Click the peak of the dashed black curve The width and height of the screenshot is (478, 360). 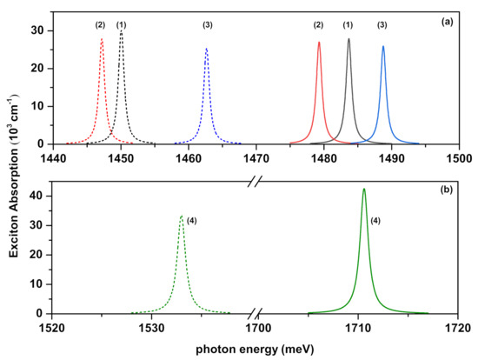coord(122,33)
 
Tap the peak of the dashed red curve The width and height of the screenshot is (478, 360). coord(102,39)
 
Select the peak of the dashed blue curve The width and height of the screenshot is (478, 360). coord(206,49)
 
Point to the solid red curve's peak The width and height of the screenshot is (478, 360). coord(319,42)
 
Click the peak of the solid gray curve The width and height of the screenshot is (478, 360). coord(349,38)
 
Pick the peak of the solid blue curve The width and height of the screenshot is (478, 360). coord(383,47)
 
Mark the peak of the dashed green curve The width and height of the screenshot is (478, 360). coord(182,216)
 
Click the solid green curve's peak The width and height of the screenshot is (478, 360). coord(364,189)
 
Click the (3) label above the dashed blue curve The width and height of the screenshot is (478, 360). coord(207,24)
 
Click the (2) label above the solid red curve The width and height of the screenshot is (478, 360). coord(319,24)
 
